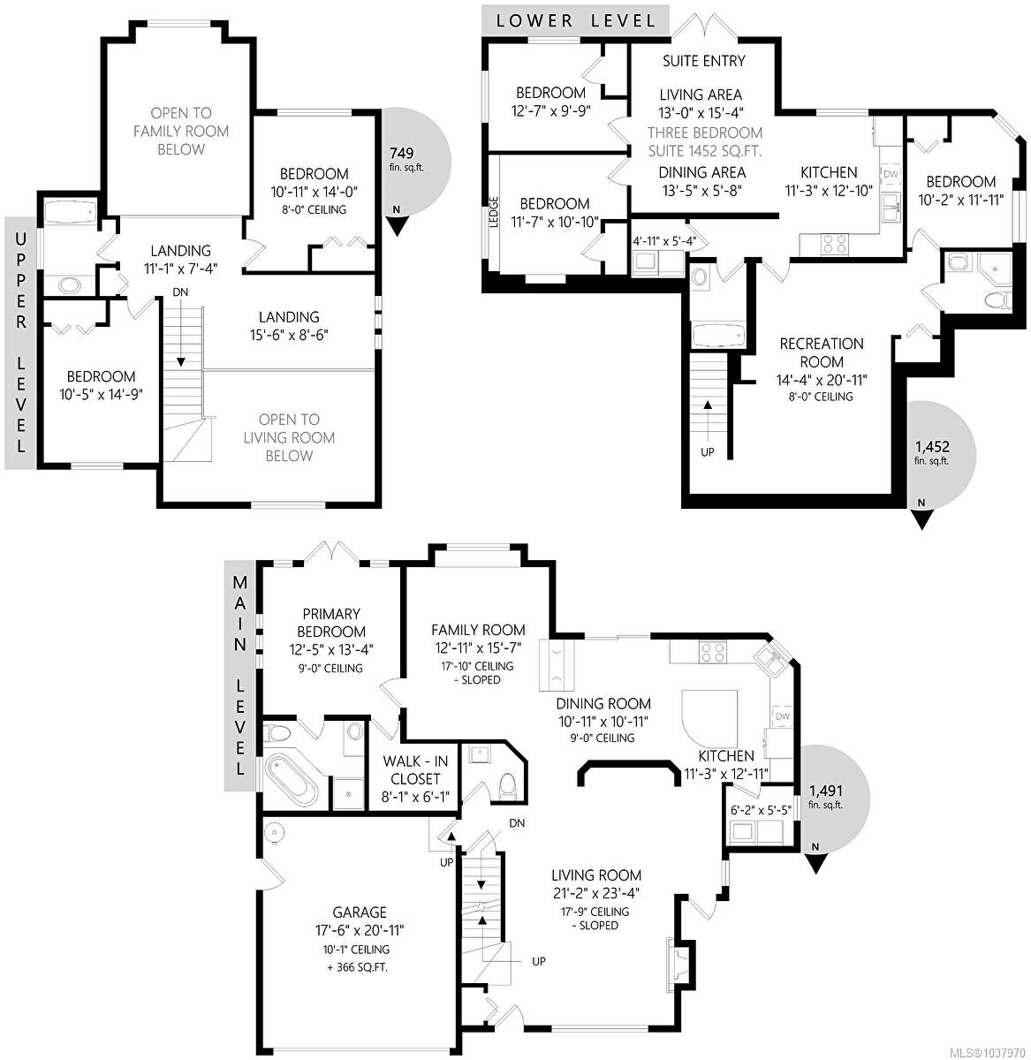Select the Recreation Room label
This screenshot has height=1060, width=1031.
tap(822, 352)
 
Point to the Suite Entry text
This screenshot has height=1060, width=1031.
tap(703, 61)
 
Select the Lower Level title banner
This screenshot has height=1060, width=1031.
tap(575, 21)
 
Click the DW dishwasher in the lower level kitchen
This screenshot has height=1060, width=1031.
tap(890, 174)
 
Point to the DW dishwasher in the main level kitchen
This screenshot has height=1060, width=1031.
tap(782, 715)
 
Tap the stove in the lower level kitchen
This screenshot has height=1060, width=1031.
tap(834, 243)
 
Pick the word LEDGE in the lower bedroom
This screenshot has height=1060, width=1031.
tap(494, 211)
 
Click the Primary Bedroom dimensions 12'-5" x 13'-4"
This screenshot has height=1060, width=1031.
tap(331, 650)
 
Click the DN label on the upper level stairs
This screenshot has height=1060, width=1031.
tap(180, 292)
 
